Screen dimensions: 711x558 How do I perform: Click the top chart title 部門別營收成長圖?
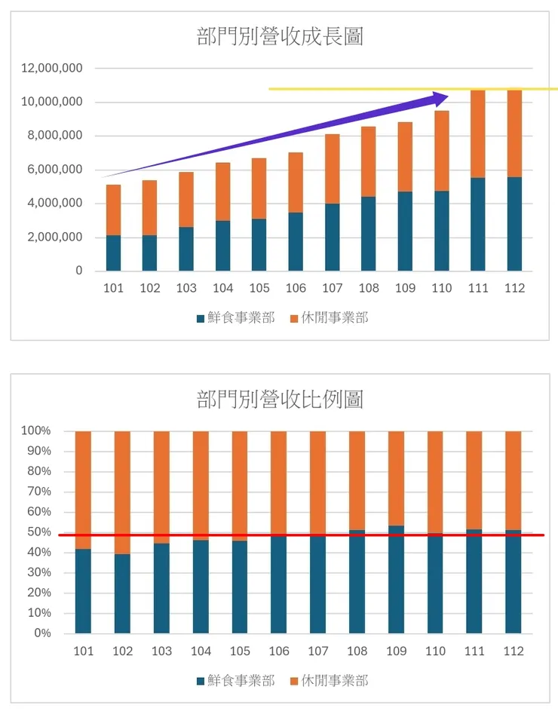point(280,36)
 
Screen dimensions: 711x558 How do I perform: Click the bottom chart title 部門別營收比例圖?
point(280,399)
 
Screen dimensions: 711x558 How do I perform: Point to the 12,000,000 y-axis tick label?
point(52,69)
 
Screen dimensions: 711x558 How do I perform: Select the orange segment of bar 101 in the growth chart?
point(113,210)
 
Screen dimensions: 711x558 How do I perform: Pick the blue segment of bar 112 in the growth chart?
point(514,224)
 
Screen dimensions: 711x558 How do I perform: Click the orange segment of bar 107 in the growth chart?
point(333,169)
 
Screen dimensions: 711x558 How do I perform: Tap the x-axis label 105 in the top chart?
point(259,289)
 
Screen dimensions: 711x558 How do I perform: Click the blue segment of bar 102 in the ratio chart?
point(122,593)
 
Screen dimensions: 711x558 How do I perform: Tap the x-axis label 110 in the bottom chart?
point(435,651)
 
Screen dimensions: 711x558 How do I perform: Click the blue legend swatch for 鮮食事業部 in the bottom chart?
point(201,682)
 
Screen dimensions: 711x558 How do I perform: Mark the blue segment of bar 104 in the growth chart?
point(222,246)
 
